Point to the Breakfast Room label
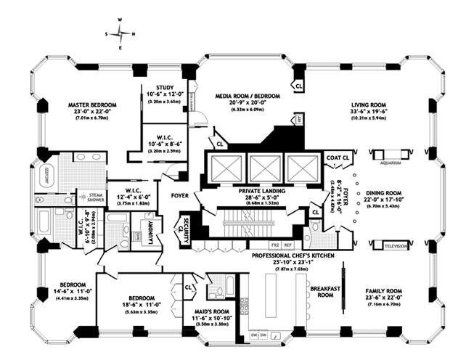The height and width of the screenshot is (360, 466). coord(321,291)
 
